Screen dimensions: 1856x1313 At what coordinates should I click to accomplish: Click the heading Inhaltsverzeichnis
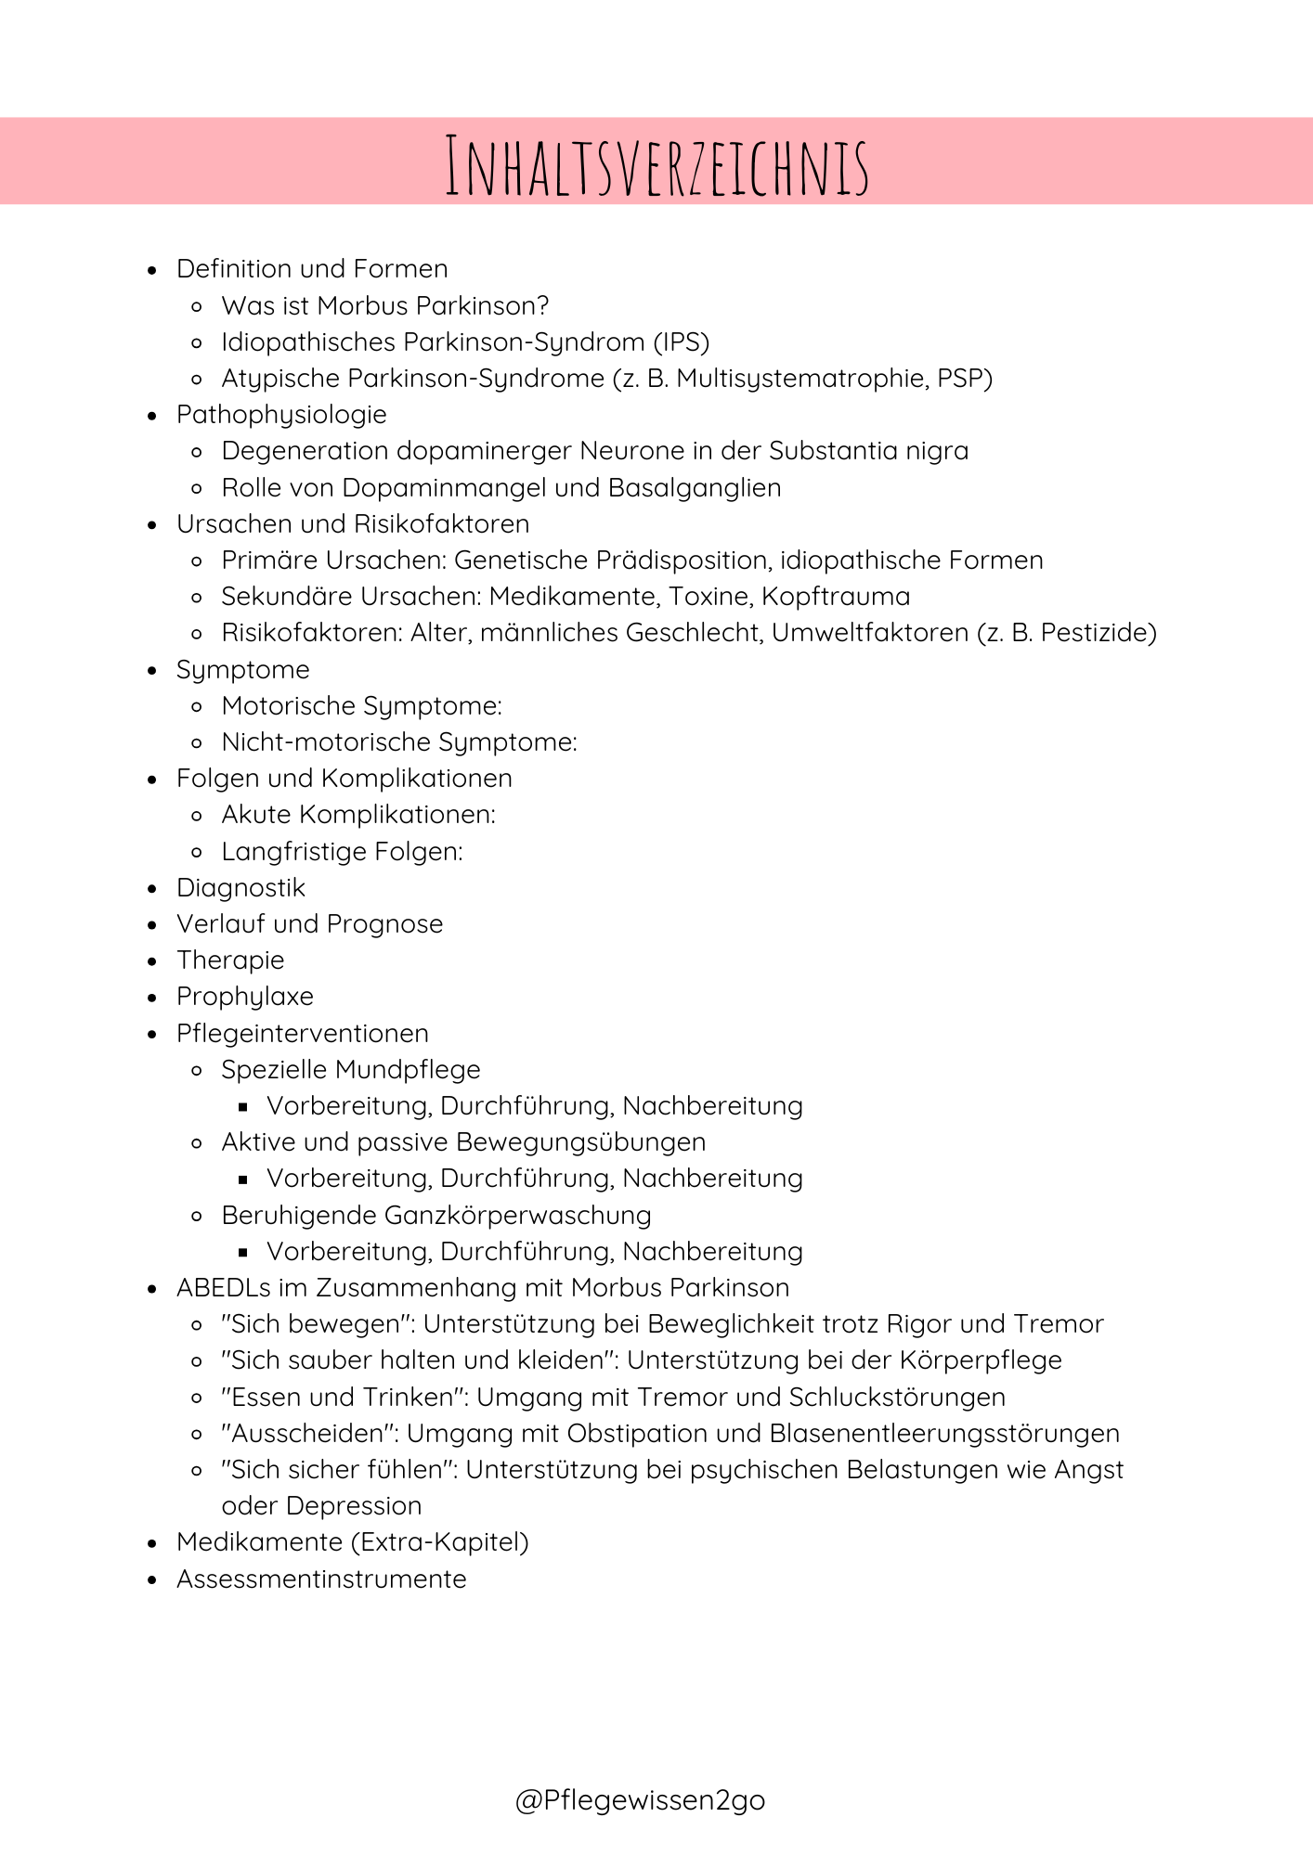click(x=656, y=166)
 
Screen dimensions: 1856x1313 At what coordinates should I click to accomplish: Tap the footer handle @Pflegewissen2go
click(x=640, y=1799)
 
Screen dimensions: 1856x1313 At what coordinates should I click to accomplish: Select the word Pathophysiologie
click(x=281, y=415)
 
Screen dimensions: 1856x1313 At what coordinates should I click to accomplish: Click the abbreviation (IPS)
click(x=681, y=342)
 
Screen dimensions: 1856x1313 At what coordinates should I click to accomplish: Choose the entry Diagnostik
click(x=240, y=888)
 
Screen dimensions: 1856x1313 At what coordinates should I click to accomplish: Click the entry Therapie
click(x=230, y=960)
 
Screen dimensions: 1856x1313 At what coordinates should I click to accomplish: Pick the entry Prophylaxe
click(x=245, y=997)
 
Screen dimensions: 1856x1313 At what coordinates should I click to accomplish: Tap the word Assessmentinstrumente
click(x=321, y=1579)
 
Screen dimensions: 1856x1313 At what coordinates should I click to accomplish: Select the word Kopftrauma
click(x=836, y=597)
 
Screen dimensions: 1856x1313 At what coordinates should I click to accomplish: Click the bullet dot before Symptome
click(x=153, y=671)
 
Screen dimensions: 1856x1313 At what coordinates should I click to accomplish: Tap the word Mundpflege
click(x=409, y=1070)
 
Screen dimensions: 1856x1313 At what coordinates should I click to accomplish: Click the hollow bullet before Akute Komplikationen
click(x=196, y=816)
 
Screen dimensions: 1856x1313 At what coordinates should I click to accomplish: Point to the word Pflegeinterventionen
click(x=303, y=1034)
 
